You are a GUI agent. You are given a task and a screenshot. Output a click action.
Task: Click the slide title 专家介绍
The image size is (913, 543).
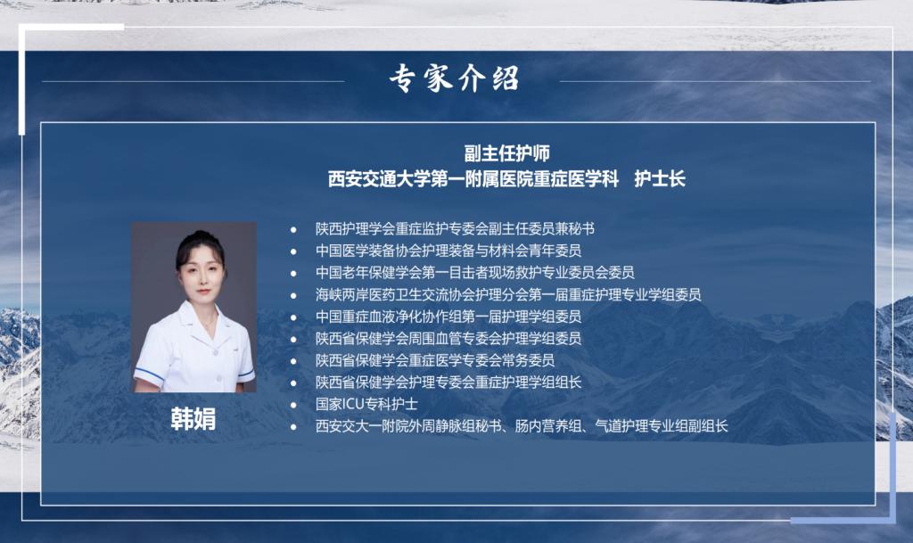coord(454,78)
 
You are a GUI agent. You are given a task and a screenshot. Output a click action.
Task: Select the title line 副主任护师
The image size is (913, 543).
coord(506,153)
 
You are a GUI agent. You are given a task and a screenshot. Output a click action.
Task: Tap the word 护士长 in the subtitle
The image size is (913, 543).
coord(660,178)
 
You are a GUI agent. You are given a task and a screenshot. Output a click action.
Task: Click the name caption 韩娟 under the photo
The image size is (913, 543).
coord(193,419)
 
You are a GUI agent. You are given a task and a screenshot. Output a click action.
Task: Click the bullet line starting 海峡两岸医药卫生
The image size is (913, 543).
coord(508,294)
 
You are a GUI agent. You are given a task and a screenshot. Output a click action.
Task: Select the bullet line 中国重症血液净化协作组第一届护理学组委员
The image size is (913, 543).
coord(448,317)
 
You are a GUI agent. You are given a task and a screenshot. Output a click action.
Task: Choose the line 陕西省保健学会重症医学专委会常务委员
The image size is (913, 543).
coord(435,360)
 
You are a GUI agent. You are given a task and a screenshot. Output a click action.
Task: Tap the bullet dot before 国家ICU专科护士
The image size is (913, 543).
coord(293,405)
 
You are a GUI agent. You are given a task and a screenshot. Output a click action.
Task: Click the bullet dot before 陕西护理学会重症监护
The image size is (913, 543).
coord(293,230)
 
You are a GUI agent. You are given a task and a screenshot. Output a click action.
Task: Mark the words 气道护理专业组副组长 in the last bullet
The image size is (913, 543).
coord(662,426)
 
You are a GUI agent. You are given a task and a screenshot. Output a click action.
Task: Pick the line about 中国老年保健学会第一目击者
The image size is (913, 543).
coord(475,272)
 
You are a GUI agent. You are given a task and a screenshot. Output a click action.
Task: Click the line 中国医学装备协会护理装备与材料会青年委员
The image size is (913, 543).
coord(448,251)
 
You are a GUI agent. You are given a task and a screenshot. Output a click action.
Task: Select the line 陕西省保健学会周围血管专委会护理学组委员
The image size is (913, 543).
coord(448,338)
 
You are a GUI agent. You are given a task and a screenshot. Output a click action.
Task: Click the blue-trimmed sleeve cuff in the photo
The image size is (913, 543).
coord(148,374)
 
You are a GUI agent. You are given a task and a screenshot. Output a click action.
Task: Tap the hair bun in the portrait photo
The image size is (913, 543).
coord(200,234)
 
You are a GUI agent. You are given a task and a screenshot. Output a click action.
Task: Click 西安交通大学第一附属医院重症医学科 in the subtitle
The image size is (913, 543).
coord(473,178)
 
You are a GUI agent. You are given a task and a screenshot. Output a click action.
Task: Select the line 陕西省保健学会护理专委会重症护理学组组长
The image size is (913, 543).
coord(448,383)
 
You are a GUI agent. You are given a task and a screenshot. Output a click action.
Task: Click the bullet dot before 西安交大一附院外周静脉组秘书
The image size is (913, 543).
coord(293,427)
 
